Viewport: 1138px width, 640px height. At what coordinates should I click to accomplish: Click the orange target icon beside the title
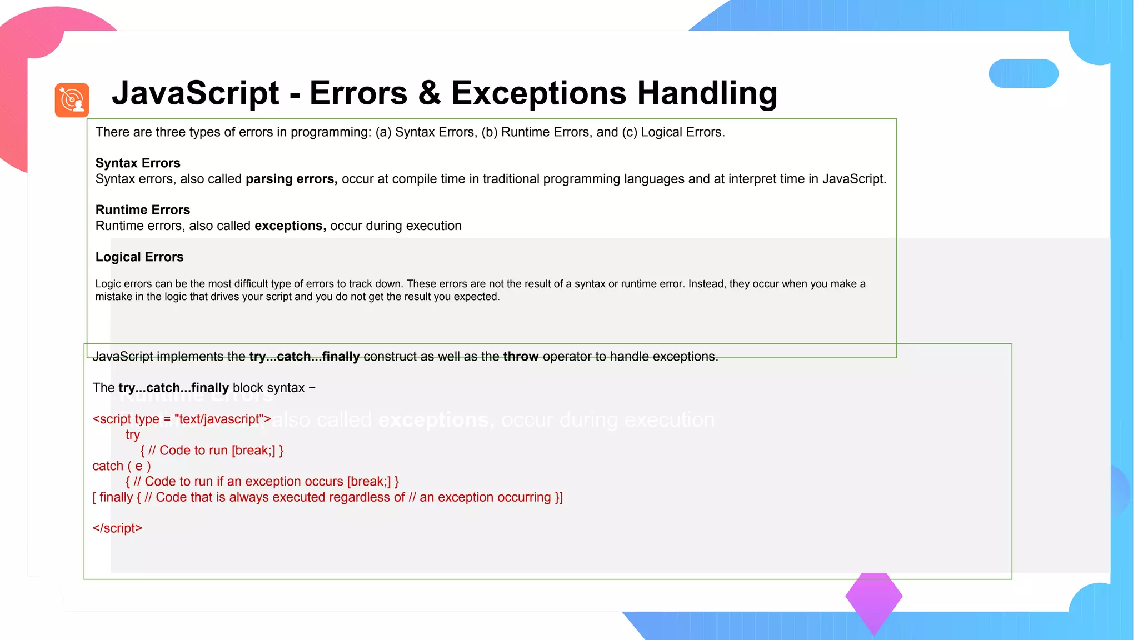point(72,100)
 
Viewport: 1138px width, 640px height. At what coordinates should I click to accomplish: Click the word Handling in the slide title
point(707,93)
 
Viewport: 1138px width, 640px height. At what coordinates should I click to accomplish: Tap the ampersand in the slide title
point(429,93)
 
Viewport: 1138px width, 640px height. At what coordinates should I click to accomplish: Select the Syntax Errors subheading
point(138,163)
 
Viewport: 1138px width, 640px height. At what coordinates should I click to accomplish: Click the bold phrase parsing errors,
point(291,179)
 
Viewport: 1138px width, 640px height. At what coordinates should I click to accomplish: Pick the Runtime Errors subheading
point(142,209)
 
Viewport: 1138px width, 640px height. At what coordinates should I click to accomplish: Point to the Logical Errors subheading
point(139,257)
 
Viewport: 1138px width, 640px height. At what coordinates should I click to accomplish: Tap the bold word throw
point(520,357)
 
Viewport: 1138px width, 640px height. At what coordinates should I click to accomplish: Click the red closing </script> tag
point(117,528)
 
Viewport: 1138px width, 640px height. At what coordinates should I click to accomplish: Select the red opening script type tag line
point(181,419)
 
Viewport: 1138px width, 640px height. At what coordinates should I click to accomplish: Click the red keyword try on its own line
point(132,434)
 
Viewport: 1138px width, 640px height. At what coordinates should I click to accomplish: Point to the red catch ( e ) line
point(121,466)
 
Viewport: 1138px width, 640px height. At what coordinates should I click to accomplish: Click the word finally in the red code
point(116,497)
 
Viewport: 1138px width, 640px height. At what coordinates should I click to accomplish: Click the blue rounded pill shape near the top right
point(1023,73)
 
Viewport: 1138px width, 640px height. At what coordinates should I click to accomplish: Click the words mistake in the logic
point(141,297)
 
